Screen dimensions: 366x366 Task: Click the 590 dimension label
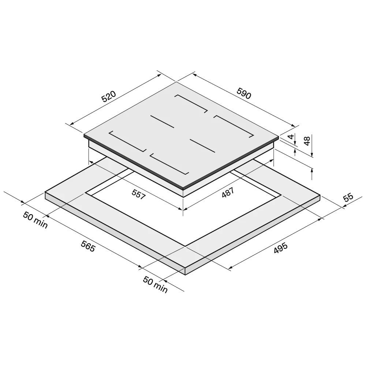[x=244, y=93]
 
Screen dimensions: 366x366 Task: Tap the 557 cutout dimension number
[x=139, y=194]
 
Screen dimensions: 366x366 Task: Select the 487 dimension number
[x=228, y=193]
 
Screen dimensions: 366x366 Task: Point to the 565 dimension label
[x=88, y=246]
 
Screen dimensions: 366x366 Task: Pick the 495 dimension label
[x=281, y=248]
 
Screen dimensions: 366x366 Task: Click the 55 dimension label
[x=348, y=197]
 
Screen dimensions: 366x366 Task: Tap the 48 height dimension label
[x=307, y=141]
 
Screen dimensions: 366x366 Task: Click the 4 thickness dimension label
[x=291, y=137]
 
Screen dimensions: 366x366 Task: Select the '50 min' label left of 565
[x=35, y=220]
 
